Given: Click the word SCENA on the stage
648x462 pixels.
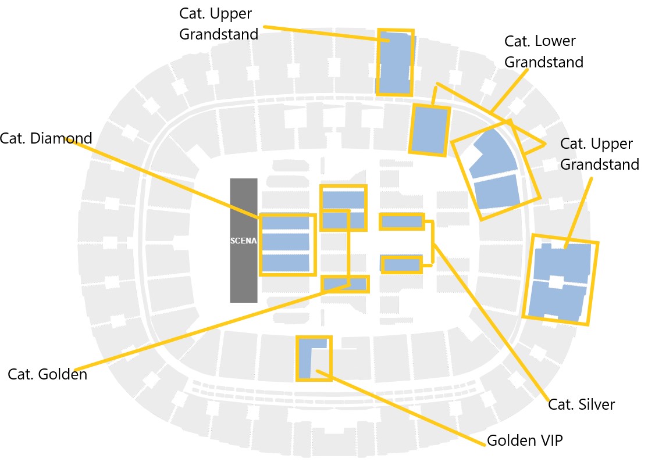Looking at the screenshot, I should [x=244, y=241].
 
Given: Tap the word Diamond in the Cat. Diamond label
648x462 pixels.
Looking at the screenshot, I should [x=64, y=139].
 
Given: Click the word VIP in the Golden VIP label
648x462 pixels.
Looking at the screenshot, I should [x=550, y=440].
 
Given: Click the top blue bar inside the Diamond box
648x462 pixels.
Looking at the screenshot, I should [x=285, y=223].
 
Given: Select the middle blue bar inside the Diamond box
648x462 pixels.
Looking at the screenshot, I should [x=285, y=241].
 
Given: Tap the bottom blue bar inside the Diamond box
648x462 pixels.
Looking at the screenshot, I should [x=285, y=263].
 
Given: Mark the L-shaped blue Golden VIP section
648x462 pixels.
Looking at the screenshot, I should [x=305, y=358].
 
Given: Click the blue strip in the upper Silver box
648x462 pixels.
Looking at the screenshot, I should [x=401, y=221].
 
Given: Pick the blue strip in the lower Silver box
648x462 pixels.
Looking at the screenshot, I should [x=401, y=265].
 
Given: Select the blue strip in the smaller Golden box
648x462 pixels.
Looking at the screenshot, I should [x=344, y=284].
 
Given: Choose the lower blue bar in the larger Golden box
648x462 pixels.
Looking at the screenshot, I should [x=343, y=220].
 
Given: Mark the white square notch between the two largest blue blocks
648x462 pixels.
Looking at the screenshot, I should [x=556, y=282].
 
